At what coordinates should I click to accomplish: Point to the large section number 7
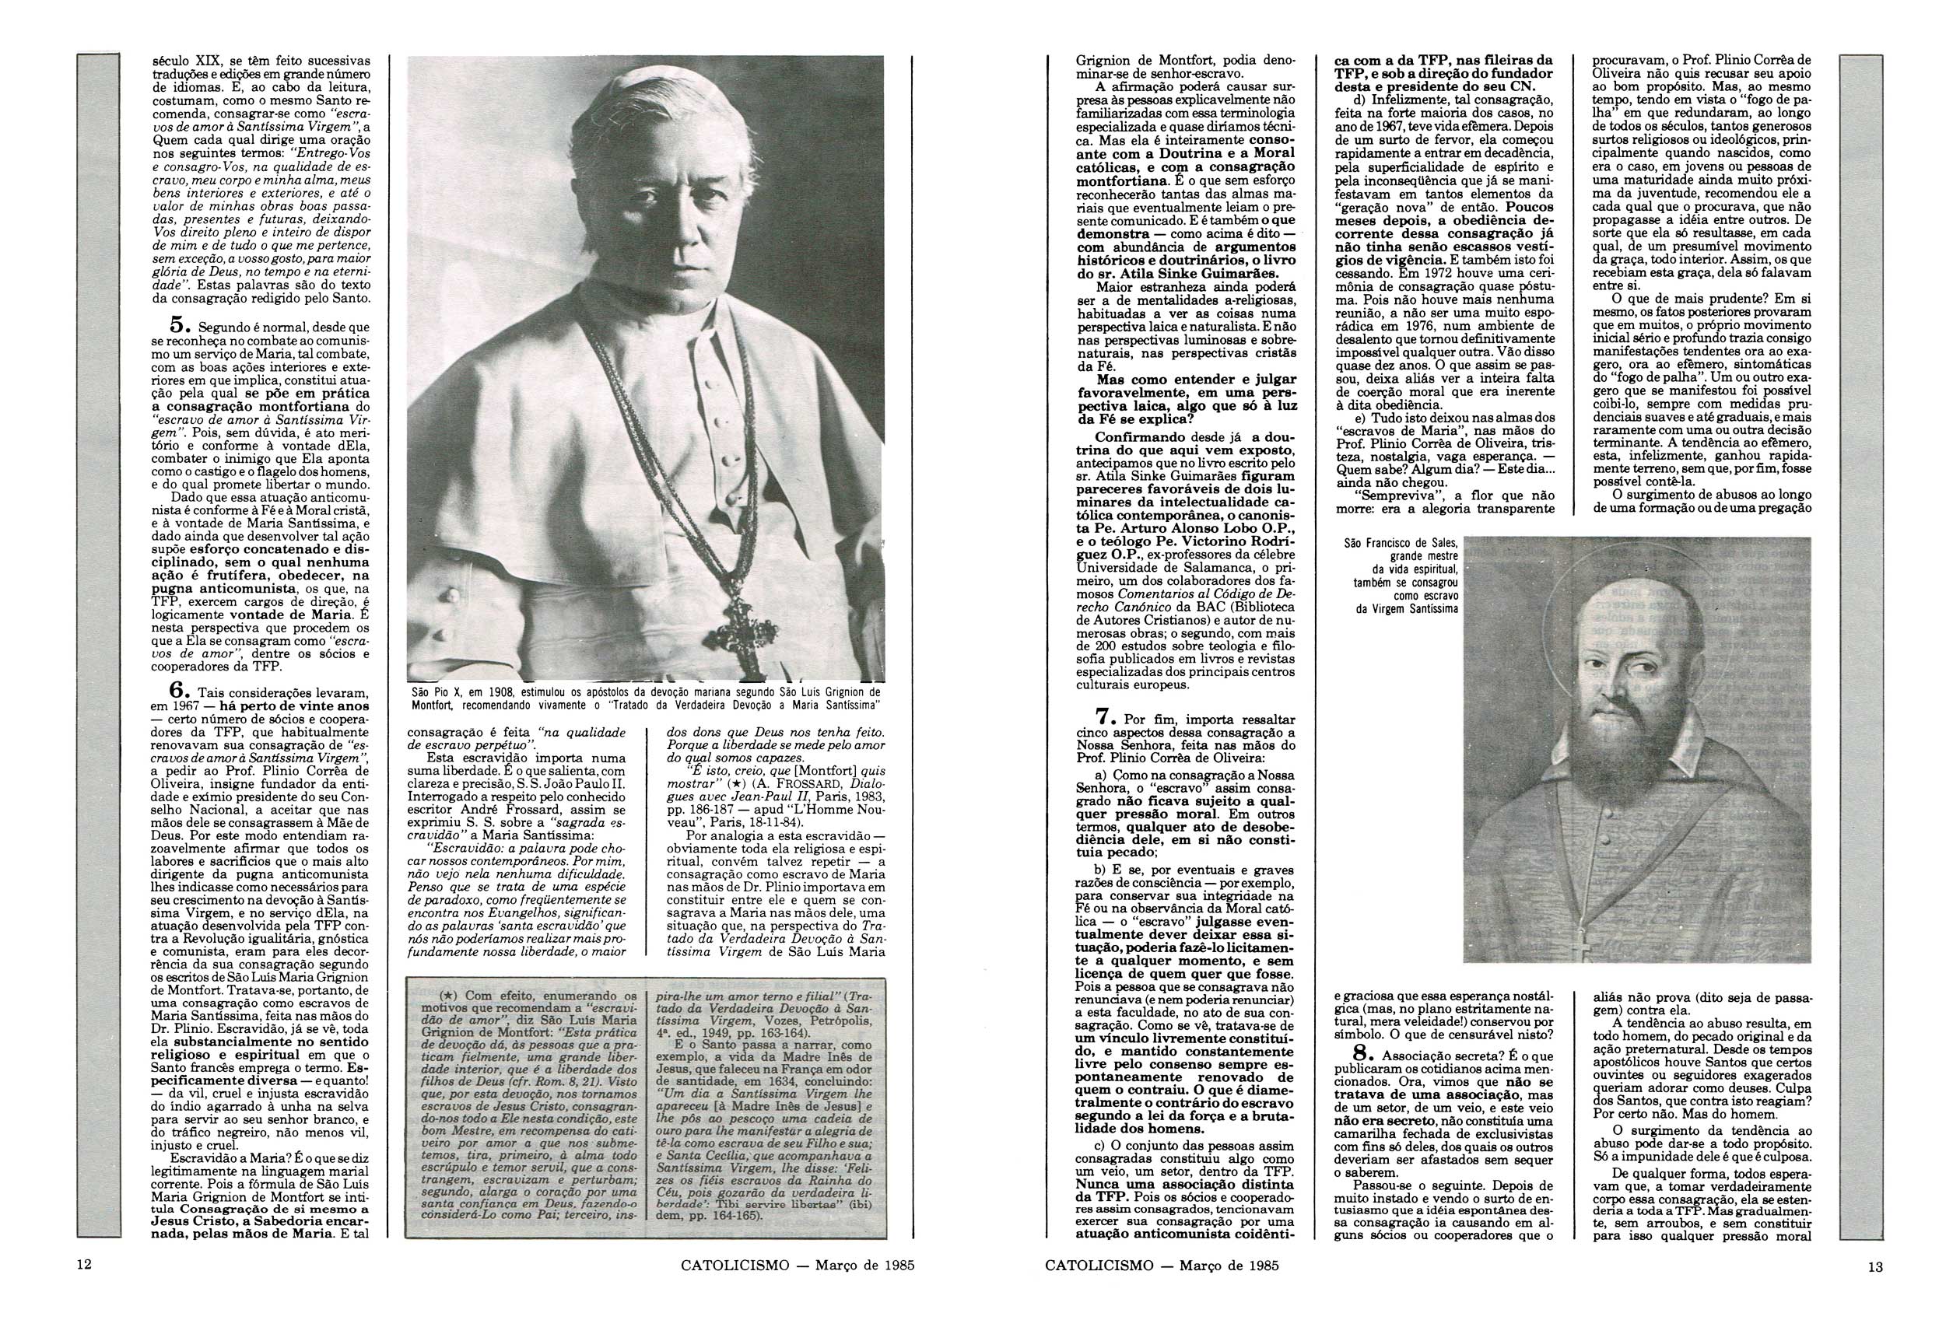pyautogui.click(x=1106, y=716)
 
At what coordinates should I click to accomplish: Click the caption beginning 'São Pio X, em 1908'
pyautogui.click(x=645, y=696)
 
